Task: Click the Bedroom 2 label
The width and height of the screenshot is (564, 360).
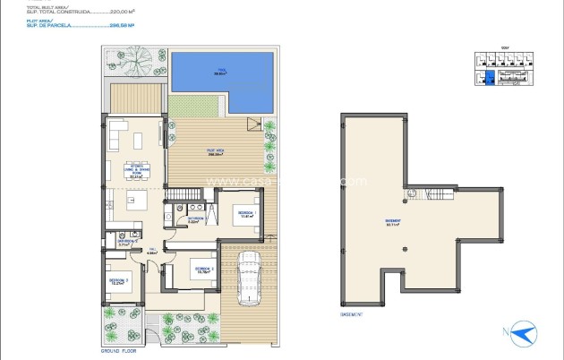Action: (201, 269)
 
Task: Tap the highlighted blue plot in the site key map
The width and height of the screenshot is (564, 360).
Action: (489, 80)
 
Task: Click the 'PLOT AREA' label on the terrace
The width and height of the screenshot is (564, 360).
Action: (215, 151)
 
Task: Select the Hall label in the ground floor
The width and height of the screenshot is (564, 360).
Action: (153, 251)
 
